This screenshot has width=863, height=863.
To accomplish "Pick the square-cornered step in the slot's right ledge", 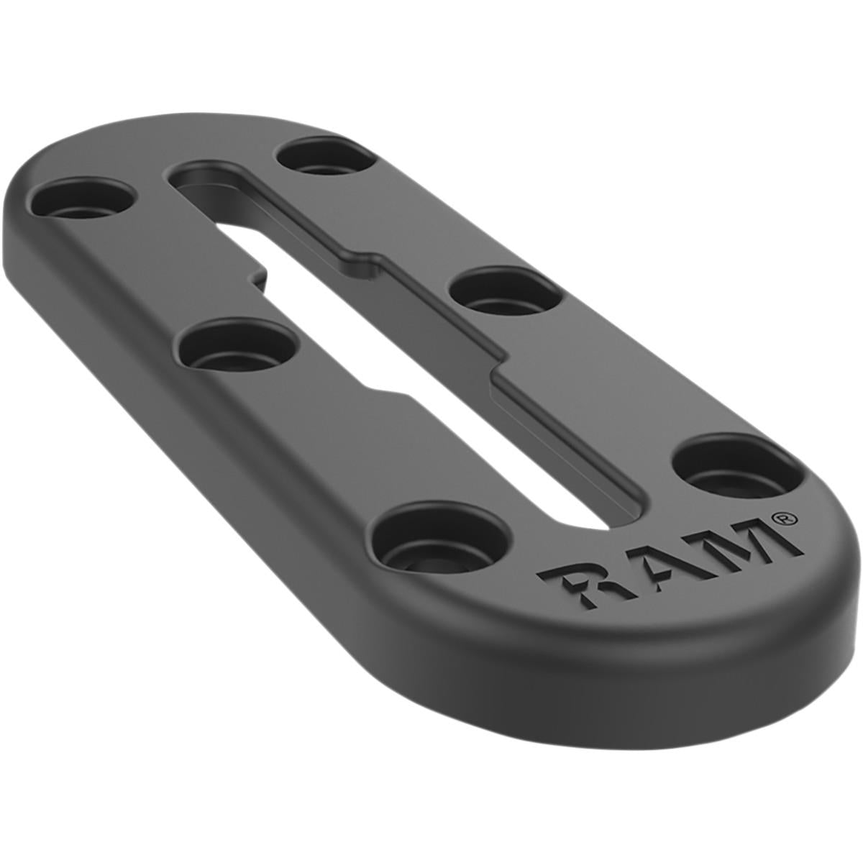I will (x=496, y=367).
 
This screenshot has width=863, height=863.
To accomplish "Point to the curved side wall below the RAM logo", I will (x=647, y=647).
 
